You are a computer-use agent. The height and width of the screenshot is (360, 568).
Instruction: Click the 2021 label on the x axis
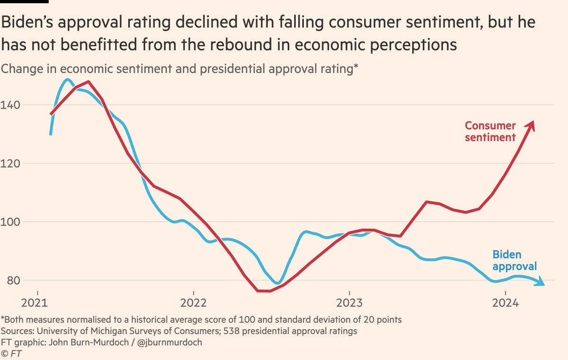click(37, 302)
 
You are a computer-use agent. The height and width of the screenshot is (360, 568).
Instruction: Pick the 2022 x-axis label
click(193, 302)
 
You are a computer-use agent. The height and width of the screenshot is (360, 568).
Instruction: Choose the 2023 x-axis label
click(349, 302)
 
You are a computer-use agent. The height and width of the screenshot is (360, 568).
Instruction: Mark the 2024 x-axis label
click(505, 302)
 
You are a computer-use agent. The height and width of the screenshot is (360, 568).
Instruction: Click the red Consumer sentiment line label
click(490, 132)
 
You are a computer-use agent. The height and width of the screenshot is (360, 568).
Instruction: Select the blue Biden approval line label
click(515, 260)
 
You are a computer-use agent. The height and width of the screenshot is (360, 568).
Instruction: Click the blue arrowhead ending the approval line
click(541, 283)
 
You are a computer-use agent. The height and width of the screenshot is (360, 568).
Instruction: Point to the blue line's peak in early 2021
click(68, 79)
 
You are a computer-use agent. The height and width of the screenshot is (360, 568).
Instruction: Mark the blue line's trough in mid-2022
click(279, 283)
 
